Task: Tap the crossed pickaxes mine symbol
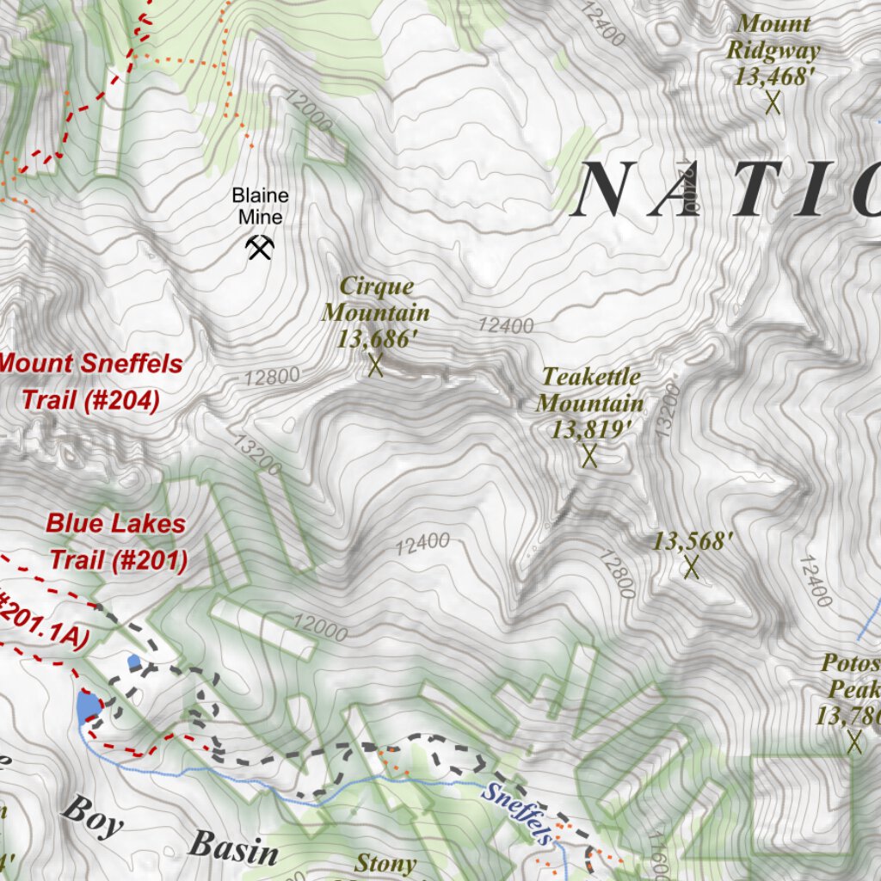[x=260, y=248]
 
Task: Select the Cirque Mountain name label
[x=376, y=299]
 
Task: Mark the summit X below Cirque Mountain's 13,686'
[x=375, y=366]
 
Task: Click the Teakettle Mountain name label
[x=589, y=389]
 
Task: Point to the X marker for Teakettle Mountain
[x=589, y=456]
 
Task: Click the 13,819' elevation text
[x=587, y=429]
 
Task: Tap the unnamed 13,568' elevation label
[x=693, y=541]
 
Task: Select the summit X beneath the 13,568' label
[x=691, y=567]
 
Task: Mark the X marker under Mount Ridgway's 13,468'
[x=773, y=103]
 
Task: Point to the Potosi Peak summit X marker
[x=854, y=741]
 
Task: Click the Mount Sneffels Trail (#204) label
[x=90, y=381]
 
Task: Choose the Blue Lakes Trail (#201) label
[x=116, y=541]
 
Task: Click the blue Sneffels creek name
[x=516, y=813]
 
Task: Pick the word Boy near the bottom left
[x=92, y=816]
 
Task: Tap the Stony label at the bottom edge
[x=385, y=862]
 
